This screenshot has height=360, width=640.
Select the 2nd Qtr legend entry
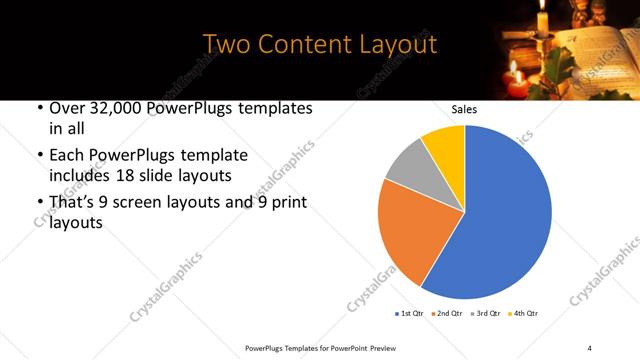[x=447, y=313]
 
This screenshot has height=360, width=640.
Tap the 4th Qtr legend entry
[x=523, y=313]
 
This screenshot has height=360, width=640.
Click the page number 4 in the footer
[x=590, y=347]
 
